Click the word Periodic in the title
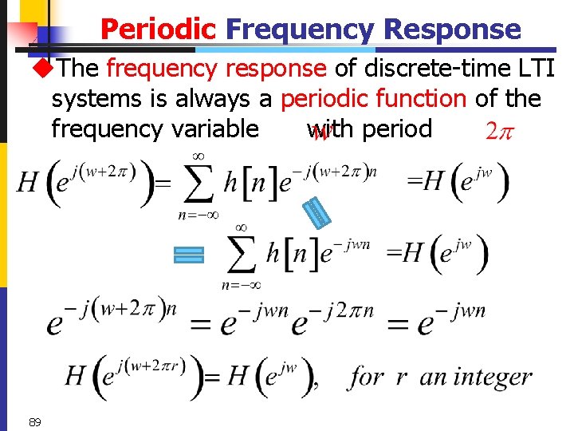pyautogui.click(x=158, y=30)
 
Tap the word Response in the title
pyautogui.click(x=452, y=30)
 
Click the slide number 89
pyautogui.click(x=34, y=421)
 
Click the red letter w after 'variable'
pyautogui.click(x=321, y=133)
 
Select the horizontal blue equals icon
pyautogui.click(x=189, y=255)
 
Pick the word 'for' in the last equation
pyautogui.click(x=366, y=376)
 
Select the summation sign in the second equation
pyautogui.click(x=241, y=254)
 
